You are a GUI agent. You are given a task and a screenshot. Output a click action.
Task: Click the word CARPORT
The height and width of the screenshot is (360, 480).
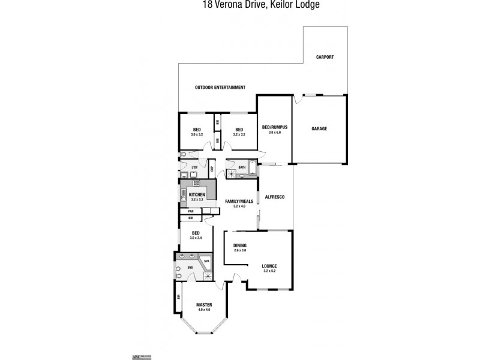pos(325,57)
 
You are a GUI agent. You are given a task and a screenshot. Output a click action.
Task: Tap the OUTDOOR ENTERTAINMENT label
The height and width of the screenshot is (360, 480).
pos(220,88)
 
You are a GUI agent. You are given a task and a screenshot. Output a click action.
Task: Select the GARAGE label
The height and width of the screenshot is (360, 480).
pos(319,129)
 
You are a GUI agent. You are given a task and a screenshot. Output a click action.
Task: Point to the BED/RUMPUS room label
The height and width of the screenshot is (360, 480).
pos(275,127)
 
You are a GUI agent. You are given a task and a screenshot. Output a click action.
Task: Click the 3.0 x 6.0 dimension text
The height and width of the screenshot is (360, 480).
pos(275,133)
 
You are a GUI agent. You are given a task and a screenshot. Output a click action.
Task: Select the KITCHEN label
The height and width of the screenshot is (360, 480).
pos(197,195)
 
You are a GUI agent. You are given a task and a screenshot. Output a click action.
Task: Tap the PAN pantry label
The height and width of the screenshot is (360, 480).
pos(191,211)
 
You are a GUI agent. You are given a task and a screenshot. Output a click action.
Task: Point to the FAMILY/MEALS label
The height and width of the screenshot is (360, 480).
pos(238,201)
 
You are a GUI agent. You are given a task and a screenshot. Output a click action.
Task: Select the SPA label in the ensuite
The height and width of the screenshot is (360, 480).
pos(206,262)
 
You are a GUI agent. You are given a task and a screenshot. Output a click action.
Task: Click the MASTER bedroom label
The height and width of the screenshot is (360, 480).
pos(204,304)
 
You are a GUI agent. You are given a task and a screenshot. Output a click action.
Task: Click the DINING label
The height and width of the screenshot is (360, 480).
pos(240,245)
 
